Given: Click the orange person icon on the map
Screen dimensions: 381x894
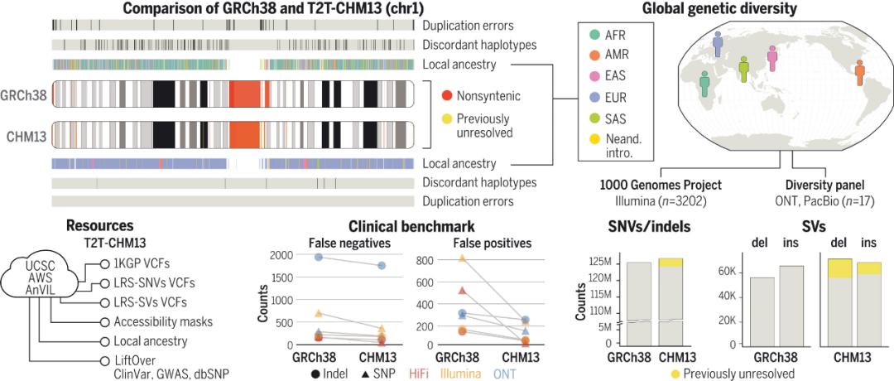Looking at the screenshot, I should click(x=860, y=72).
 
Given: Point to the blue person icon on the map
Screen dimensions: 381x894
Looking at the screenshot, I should click(x=717, y=46).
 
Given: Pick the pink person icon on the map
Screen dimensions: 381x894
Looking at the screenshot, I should click(x=772, y=59).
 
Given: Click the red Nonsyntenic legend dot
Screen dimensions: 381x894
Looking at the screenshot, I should click(x=446, y=97).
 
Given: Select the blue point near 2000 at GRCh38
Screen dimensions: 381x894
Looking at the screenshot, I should click(x=318, y=258).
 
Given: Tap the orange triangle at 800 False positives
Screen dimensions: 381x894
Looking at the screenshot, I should click(x=463, y=258).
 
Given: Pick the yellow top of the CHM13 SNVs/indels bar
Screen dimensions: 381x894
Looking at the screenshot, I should click(x=670, y=262).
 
